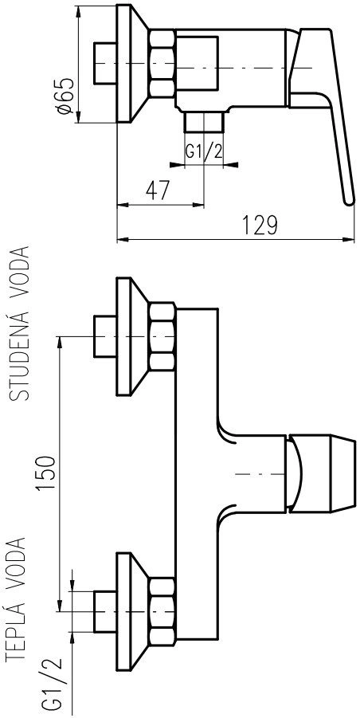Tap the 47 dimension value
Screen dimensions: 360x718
[x=158, y=190]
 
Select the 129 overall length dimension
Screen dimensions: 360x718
[x=260, y=225]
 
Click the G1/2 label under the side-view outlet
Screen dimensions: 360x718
[x=204, y=151]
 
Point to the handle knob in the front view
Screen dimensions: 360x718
[x=320, y=473]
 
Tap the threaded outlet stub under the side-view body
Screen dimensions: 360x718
[x=204, y=122]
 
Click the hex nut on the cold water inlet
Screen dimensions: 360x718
[x=162, y=336]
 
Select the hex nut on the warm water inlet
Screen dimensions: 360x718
[x=162, y=613]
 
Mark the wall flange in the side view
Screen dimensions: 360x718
[x=133, y=64]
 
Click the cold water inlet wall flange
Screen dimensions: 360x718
[x=133, y=336]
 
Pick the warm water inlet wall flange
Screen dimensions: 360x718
[x=133, y=613]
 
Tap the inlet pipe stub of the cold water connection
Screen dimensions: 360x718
[x=105, y=336]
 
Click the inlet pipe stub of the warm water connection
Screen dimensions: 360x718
[x=105, y=612]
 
